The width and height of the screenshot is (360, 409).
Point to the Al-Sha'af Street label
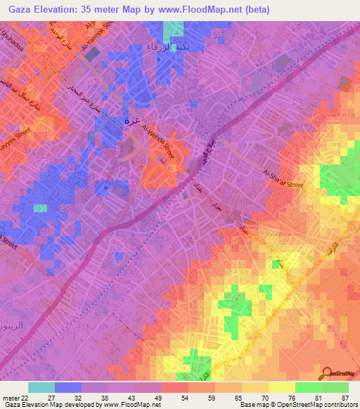tap(281, 178)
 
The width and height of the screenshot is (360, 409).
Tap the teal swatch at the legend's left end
tap(41, 387)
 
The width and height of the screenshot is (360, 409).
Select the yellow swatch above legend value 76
tap(281, 387)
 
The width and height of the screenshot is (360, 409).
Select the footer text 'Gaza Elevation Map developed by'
tap(53, 405)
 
